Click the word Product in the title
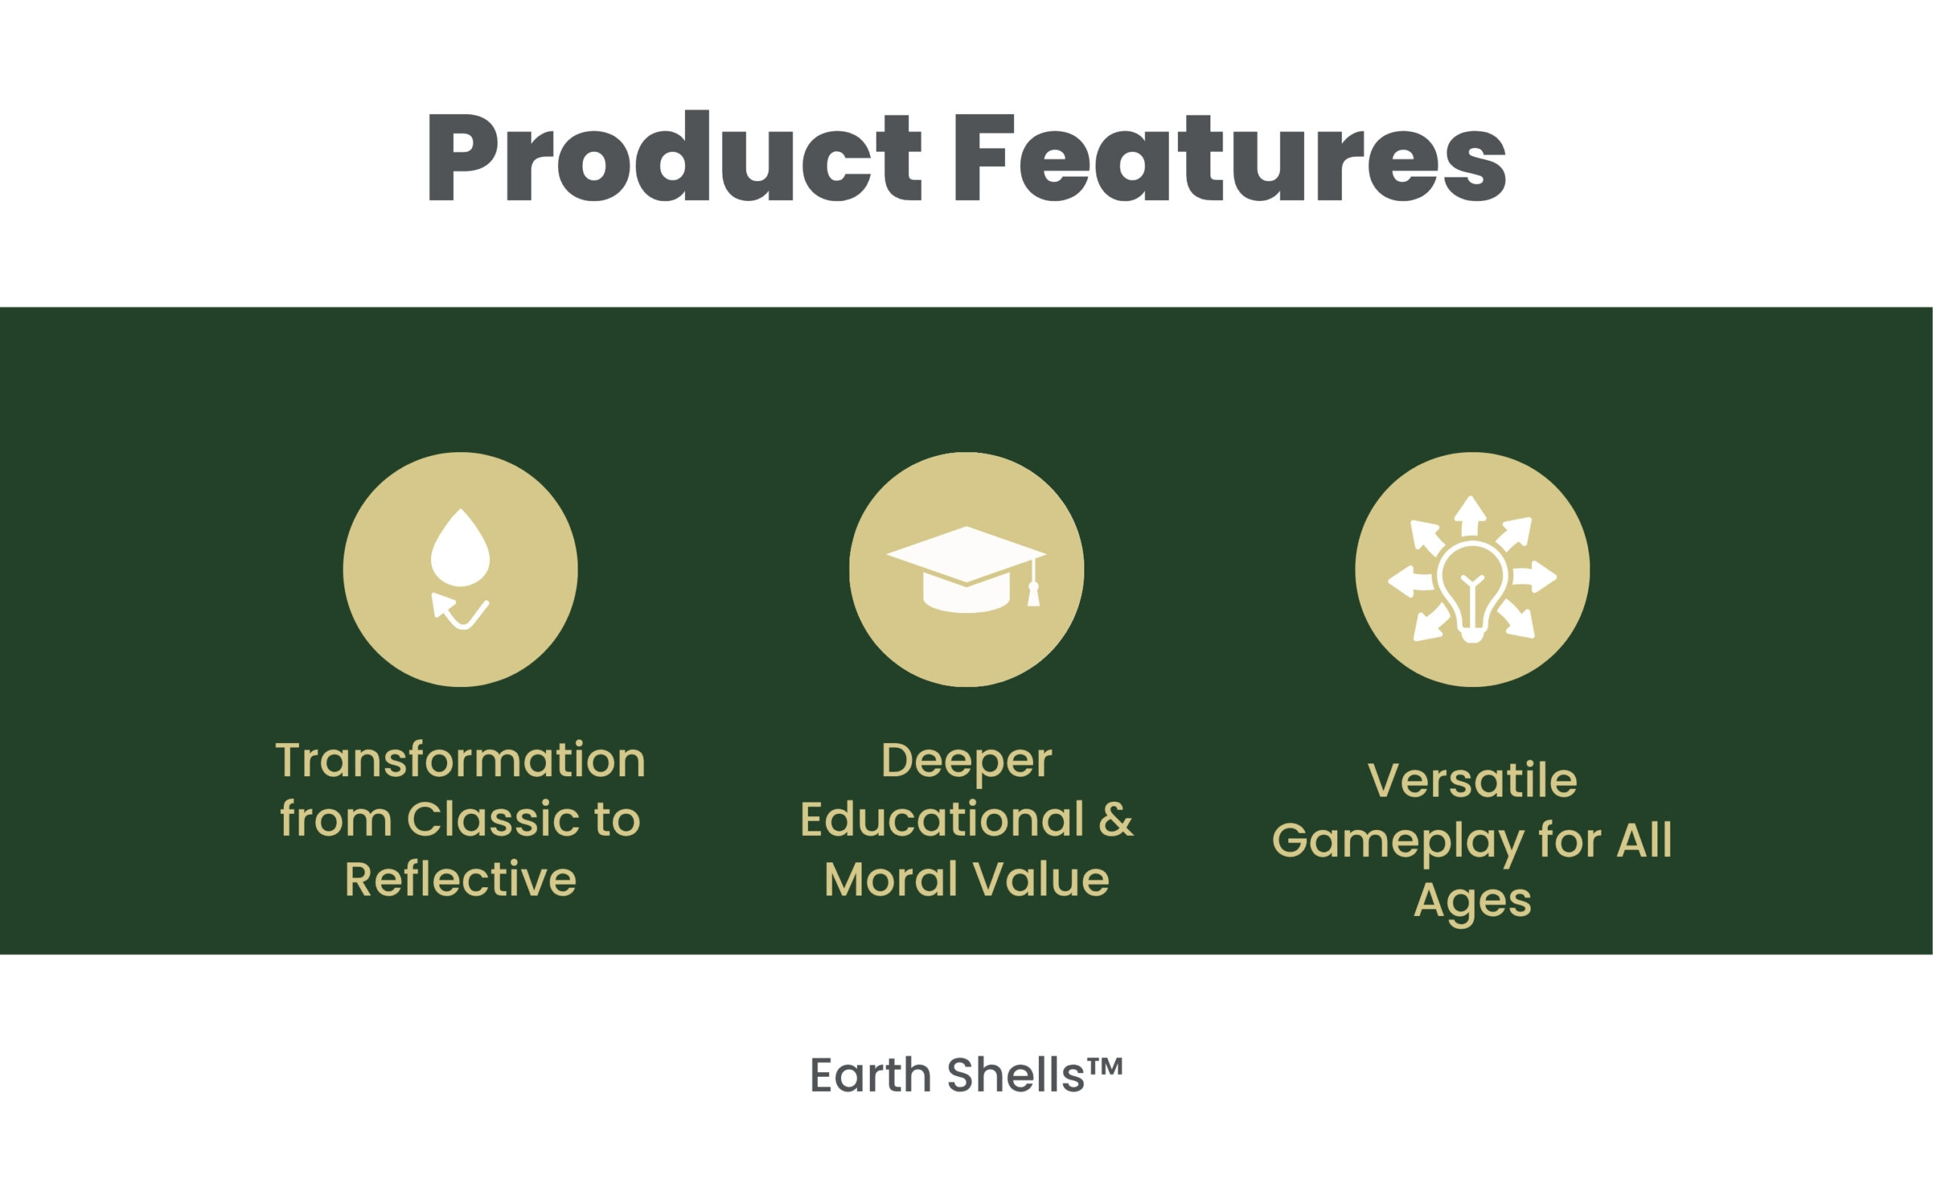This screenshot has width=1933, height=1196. click(x=674, y=156)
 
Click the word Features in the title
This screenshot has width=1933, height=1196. click(x=1230, y=156)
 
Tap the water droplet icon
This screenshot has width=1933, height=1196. click(x=461, y=547)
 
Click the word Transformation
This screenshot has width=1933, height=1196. click(x=461, y=760)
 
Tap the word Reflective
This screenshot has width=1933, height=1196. click(x=461, y=879)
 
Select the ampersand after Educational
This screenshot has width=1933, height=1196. click(x=1115, y=819)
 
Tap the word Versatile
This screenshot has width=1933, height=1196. click(x=1472, y=781)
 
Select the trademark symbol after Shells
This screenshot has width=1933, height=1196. click(x=1105, y=1065)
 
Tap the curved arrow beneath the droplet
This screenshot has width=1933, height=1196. click(x=460, y=612)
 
